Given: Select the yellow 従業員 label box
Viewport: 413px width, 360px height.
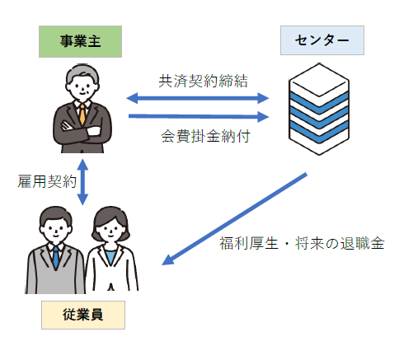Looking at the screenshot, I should [82, 314].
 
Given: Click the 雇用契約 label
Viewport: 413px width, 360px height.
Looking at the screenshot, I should [47, 180].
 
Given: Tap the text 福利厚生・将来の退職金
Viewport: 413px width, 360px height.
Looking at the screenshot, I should [302, 245].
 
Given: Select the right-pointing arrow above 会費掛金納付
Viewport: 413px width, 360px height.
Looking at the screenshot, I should [199, 116].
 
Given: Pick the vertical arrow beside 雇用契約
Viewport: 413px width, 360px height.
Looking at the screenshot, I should [82, 180].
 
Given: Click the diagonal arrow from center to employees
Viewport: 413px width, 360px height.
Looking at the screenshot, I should [236, 219].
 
